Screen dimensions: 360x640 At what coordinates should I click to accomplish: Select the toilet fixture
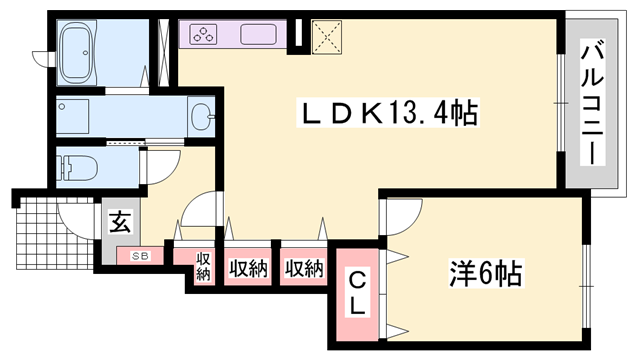point(85,166)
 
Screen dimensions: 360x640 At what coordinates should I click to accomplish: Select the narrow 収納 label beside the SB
point(204,266)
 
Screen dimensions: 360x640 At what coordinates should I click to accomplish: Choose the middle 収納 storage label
point(248,267)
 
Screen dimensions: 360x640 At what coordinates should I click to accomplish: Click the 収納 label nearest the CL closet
point(303,267)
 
